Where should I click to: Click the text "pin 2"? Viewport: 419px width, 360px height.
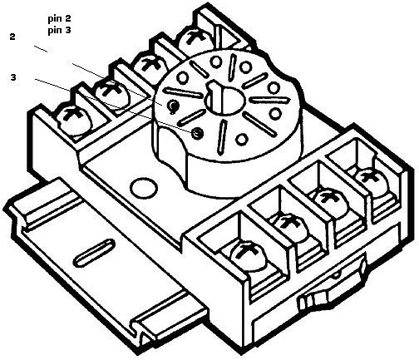coord(59,19)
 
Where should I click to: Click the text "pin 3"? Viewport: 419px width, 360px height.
coord(59,30)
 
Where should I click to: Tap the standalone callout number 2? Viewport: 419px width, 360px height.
coord(12,37)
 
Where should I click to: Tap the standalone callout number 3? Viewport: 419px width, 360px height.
coord(13,77)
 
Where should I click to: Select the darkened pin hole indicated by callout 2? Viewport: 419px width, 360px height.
coord(174,106)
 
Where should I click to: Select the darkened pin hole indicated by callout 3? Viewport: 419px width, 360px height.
coord(198,133)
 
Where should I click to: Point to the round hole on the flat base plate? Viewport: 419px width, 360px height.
coord(143,189)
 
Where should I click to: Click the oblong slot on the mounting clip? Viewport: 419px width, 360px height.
coord(95,253)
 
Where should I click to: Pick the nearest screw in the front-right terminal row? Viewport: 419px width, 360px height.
coord(247,256)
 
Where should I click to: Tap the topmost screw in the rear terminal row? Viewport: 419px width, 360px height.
coord(196,40)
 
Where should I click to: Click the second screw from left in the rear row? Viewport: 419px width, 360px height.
coord(112,94)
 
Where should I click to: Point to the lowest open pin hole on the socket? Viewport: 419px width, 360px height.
coord(242,139)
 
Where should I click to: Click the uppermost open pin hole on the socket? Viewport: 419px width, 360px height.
coord(215,62)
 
